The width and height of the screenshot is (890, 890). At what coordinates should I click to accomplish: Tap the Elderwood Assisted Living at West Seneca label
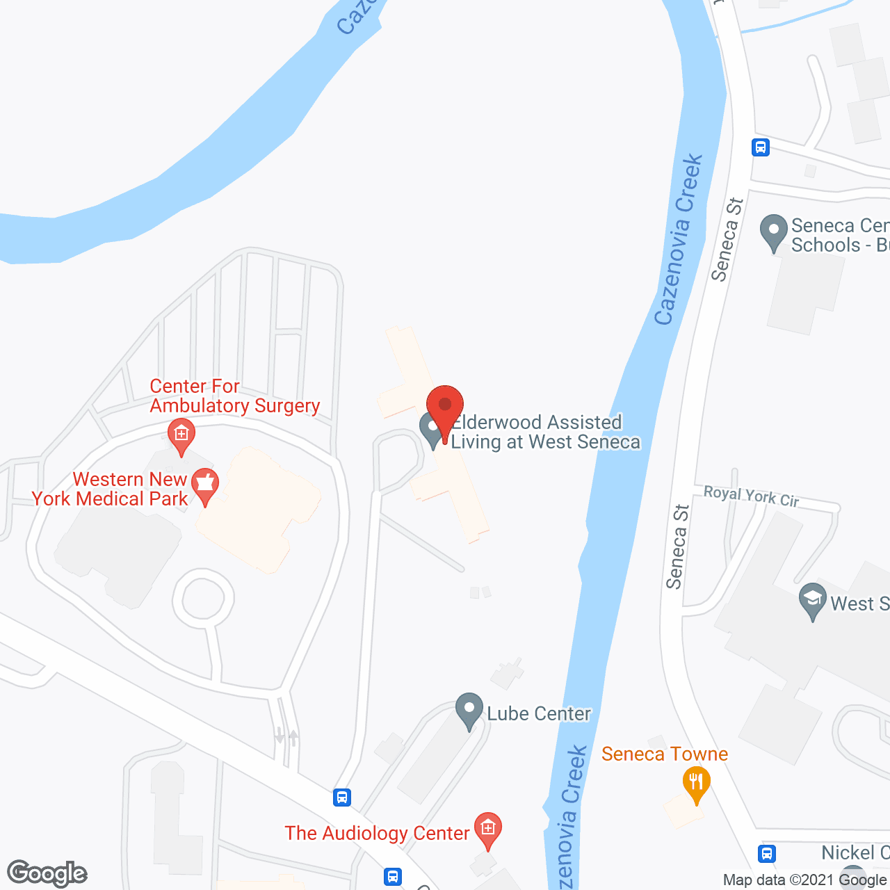544,432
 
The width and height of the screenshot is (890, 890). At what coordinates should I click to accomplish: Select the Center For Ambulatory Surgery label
234,396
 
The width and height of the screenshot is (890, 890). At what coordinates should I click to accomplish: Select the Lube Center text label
539,713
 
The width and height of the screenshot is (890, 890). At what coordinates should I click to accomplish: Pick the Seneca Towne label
664,754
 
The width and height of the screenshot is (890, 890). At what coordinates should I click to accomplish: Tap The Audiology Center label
377,833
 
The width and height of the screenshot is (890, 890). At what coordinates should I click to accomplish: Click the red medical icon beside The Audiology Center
488,829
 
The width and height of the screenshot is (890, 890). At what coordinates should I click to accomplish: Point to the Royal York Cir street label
751,496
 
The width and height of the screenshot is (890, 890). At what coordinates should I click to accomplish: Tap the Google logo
47,873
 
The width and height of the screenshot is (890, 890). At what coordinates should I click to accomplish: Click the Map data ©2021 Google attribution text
805,880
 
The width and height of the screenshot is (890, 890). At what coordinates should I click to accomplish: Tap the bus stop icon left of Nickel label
768,853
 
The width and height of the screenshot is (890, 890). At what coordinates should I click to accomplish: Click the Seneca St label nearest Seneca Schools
727,240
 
